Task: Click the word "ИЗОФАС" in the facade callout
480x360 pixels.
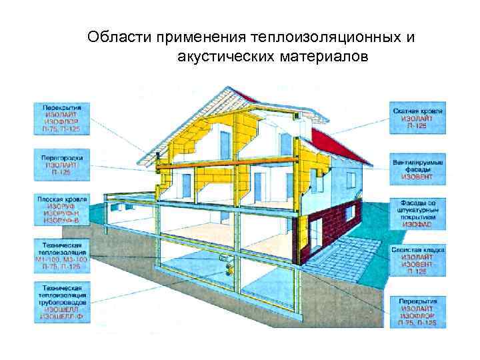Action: [417, 225]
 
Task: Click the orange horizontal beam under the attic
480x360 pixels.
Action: [227, 162]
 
